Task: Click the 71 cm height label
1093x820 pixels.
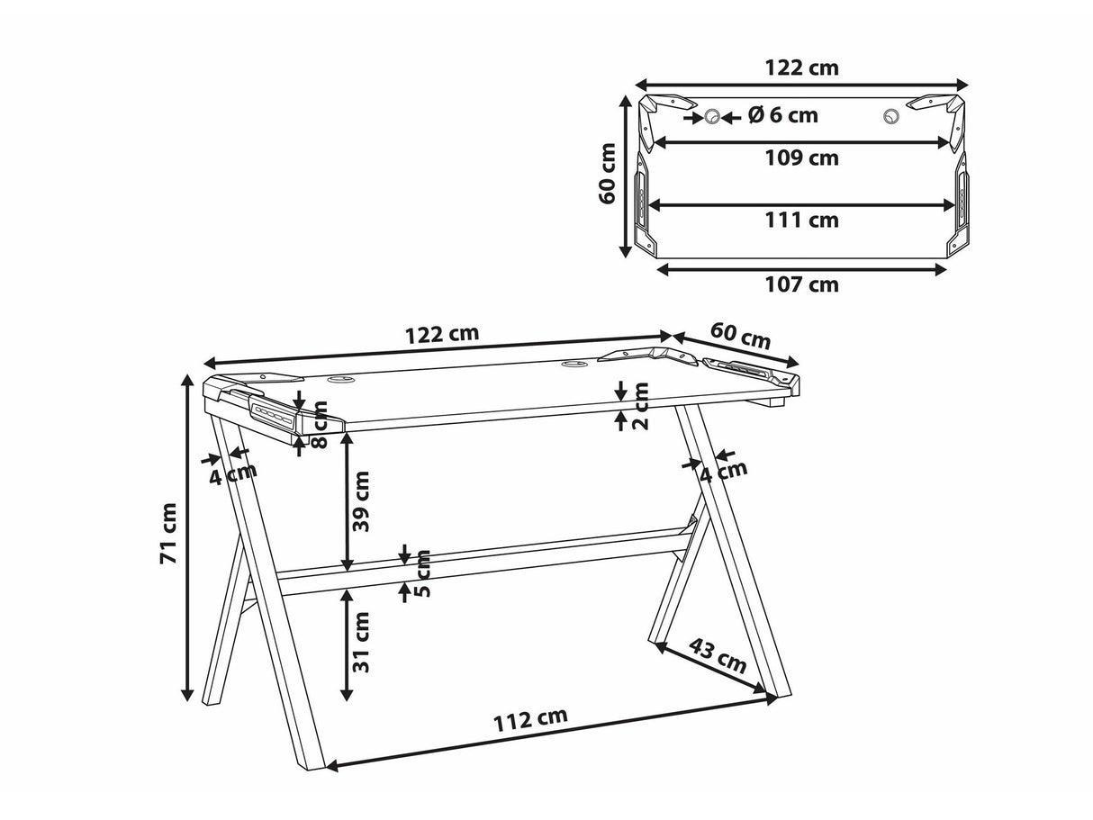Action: click(169, 533)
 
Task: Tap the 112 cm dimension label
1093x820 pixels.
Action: click(529, 718)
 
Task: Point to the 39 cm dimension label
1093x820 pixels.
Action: click(361, 501)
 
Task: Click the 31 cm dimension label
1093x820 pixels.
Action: click(361, 643)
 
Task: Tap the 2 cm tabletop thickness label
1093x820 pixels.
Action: click(641, 406)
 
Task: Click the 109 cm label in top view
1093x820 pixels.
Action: click(801, 158)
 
